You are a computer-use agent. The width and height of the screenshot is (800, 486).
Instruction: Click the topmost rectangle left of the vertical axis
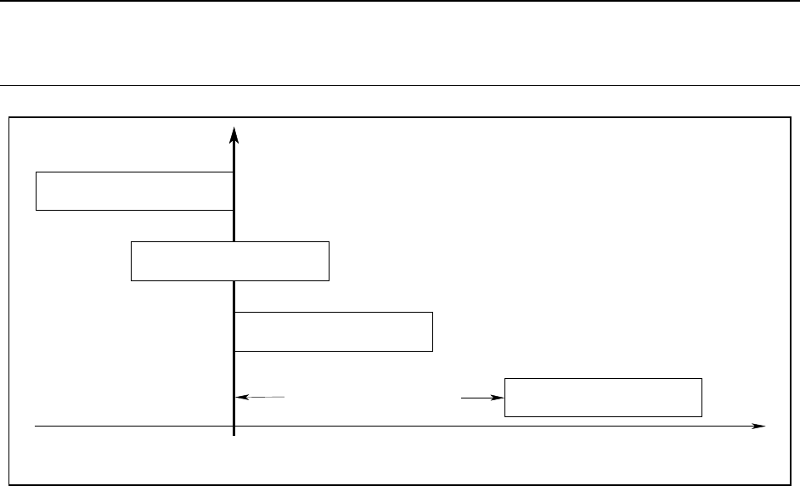134,190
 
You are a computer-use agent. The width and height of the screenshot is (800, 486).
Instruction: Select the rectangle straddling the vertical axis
230,261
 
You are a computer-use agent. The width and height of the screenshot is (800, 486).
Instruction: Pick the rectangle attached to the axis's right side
333,331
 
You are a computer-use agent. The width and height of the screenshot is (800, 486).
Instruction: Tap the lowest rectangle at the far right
603,398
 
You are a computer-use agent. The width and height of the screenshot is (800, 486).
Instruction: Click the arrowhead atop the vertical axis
234,134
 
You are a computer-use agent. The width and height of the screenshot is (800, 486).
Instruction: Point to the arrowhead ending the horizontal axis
760,425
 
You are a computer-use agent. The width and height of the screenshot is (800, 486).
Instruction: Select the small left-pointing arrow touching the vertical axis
240,397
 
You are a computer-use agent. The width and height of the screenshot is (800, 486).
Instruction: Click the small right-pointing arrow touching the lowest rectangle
499,397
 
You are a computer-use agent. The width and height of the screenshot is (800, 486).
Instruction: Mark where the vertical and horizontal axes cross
234,425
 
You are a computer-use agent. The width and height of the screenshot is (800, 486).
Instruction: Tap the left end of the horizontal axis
35,425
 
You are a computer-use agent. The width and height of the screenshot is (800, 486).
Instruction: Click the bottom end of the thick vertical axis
234,436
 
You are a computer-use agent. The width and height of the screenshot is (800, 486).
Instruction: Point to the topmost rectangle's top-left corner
36,172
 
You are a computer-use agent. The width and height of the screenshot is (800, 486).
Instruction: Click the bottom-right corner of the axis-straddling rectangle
329,280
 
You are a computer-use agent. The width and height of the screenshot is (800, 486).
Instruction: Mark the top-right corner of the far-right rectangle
701,378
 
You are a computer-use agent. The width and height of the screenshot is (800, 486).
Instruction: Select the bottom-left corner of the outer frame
8,485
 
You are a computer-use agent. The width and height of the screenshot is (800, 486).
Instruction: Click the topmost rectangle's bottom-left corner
36,209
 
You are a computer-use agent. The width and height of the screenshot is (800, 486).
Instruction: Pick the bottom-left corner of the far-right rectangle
505,416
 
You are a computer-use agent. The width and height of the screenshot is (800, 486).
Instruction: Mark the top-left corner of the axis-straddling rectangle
132,242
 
